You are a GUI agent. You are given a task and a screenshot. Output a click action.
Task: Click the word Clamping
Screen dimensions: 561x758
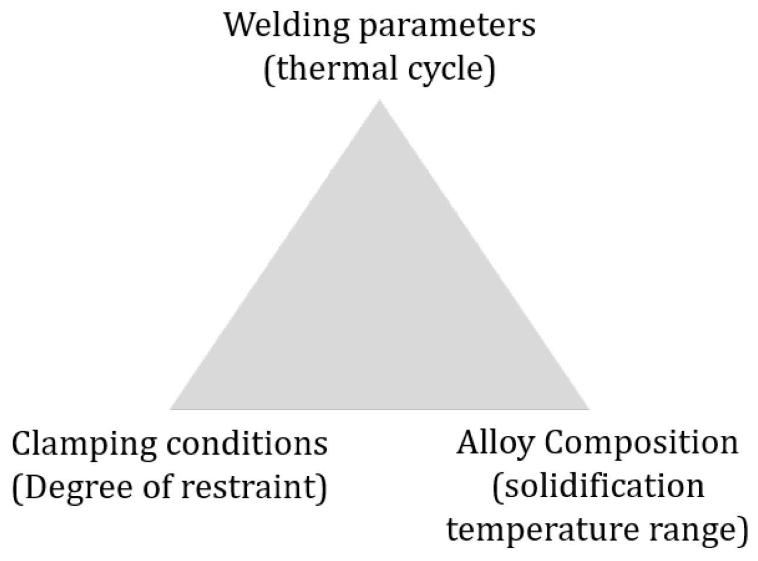pos(83,445)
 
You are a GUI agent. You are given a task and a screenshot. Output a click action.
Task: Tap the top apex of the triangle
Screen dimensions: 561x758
pos(380,101)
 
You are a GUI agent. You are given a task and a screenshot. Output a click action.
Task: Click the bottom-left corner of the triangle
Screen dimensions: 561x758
pos(172,408)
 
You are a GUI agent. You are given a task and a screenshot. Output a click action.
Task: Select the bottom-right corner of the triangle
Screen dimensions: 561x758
pos(588,408)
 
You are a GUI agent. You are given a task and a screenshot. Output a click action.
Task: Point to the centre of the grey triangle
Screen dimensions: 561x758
pos(380,305)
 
